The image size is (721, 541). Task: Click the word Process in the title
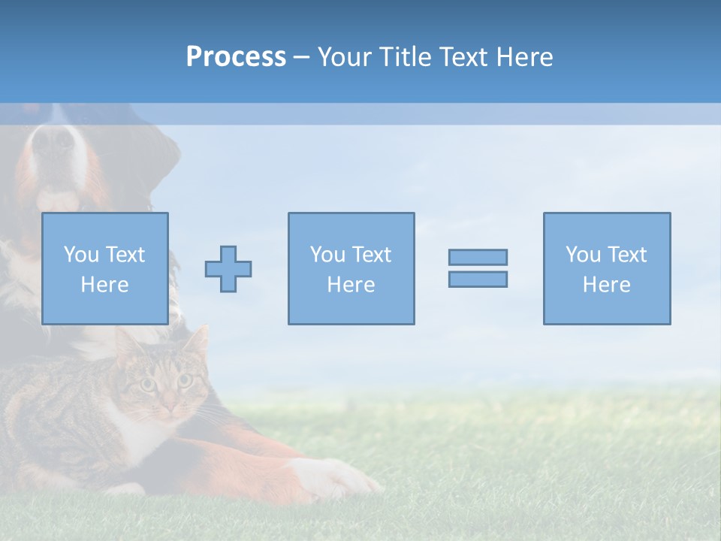click(x=236, y=57)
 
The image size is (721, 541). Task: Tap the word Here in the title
click(x=525, y=57)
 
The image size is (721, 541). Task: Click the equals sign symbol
click(x=478, y=268)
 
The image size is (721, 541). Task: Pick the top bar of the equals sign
click(x=478, y=257)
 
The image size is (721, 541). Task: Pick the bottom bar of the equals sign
click(x=478, y=280)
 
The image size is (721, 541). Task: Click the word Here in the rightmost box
click(x=607, y=285)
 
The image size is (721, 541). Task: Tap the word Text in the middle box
click(x=371, y=255)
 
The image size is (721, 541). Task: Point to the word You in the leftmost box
click(x=81, y=255)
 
